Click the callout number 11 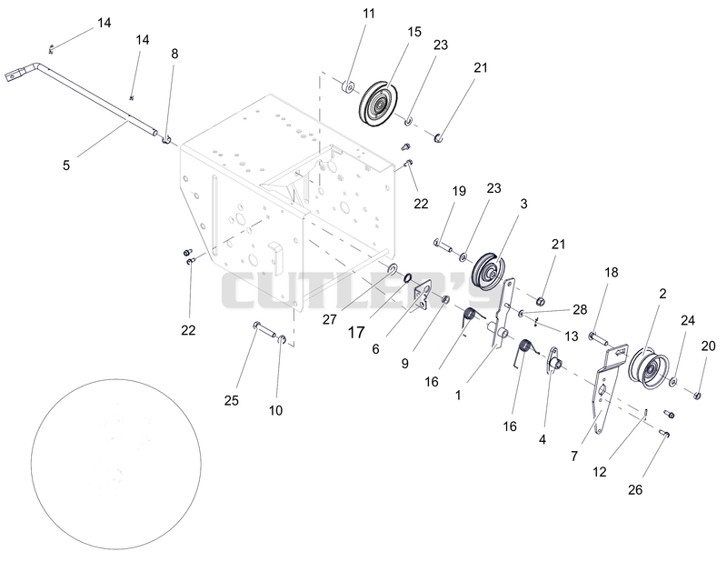tap(369, 14)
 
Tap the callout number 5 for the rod tap(65, 165)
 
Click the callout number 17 tap(356, 332)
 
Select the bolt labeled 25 tap(264, 329)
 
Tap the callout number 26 tap(635, 489)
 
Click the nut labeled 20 tap(696, 396)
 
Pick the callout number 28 tap(580, 309)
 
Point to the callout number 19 tap(459, 191)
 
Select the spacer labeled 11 tap(348, 86)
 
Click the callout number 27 tap(329, 319)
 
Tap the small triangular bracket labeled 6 tap(423, 296)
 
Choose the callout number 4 tap(543, 439)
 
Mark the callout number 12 tap(600, 472)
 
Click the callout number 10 tap(275, 410)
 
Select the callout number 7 tap(574, 457)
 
